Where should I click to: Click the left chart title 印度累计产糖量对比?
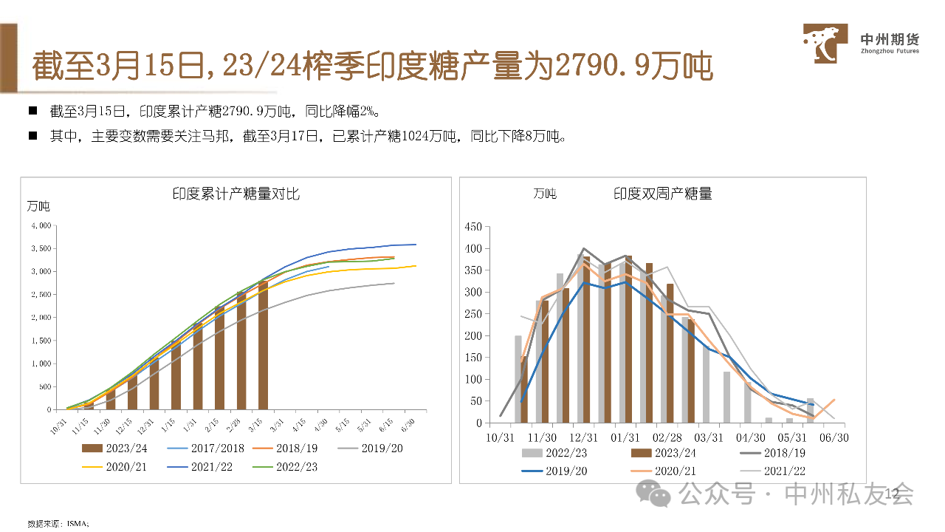pyautogui.click(x=236, y=194)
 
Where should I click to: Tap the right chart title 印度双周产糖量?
pyautogui.click(x=663, y=194)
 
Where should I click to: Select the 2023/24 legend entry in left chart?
pyautogui.click(x=115, y=448)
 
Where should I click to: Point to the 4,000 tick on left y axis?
pyautogui.click(x=40, y=225)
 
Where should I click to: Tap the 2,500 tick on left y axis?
pyautogui.click(x=40, y=295)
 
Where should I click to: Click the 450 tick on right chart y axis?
pyautogui.click(x=472, y=227)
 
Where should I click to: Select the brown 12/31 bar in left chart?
pyautogui.click(x=154, y=384)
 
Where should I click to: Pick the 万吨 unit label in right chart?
pyautogui.click(x=545, y=194)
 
